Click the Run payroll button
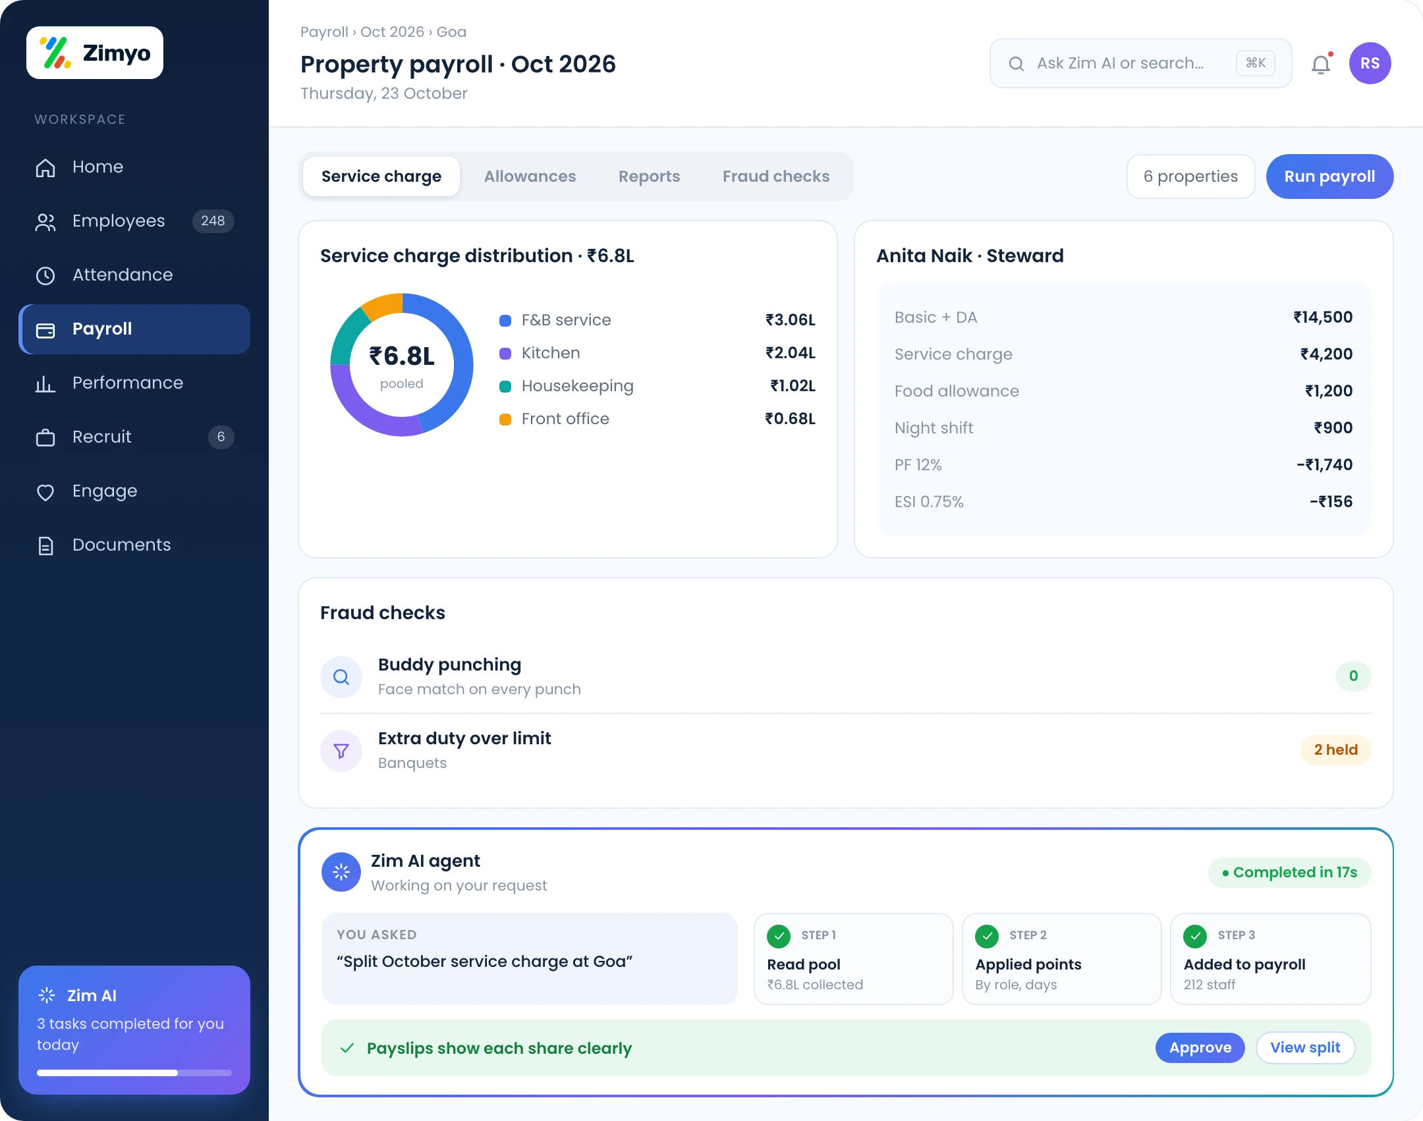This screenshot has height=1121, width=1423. click(x=1329, y=177)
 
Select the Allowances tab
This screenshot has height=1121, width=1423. click(x=530, y=177)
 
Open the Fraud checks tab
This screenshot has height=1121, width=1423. click(x=775, y=177)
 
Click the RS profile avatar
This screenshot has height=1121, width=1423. click(x=1370, y=63)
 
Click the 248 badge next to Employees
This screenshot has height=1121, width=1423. click(x=213, y=221)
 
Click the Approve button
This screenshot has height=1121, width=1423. click(x=1200, y=1048)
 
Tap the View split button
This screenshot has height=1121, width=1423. click(x=1305, y=1048)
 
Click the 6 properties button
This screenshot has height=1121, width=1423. click(x=1190, y=177)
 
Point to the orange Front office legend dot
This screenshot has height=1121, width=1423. click(x=505, y=420)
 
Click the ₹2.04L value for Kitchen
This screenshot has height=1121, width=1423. click(x=790, y=353)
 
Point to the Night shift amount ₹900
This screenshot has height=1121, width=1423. click(x=1333, y=428)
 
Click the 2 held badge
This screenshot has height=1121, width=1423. click(x=1335, y=750)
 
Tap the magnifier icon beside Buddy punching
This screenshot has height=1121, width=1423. click(x=341, y=676)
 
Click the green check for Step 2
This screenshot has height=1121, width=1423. click(x=986, y=936)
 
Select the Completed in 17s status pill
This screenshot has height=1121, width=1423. click(x=1289, y=873)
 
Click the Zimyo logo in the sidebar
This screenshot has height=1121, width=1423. click(x=95, y=53)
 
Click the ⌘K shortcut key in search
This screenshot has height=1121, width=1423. click(x=1255, y=63)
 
